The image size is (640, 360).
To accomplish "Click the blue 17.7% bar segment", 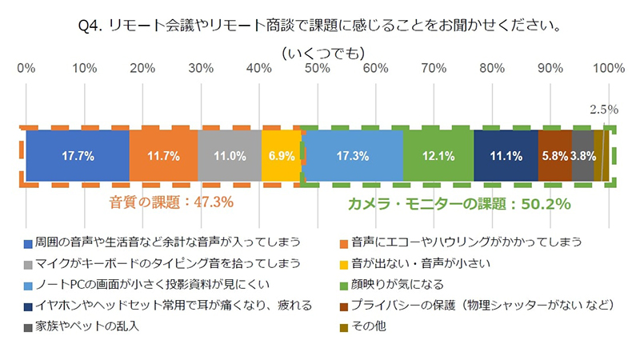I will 77,156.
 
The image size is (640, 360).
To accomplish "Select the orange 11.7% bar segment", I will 163,156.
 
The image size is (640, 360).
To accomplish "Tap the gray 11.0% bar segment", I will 230,156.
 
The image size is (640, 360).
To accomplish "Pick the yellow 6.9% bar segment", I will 282,156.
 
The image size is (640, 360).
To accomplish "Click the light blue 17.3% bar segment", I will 352,156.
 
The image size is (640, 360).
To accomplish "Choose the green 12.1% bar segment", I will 438,156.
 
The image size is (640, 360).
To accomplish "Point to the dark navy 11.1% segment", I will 506,156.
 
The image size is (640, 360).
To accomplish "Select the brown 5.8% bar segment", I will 554,156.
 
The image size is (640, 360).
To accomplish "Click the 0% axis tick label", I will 26,68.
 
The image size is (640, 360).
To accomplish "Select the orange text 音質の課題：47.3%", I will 171,203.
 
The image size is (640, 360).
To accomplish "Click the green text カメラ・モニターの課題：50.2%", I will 458,204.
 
